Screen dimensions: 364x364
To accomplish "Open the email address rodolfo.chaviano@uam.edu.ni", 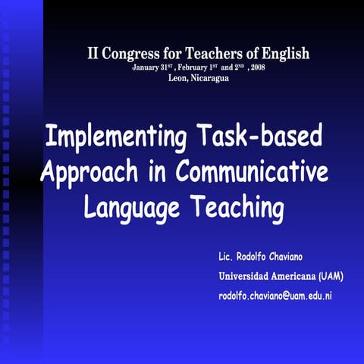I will (x=275, y=294).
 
